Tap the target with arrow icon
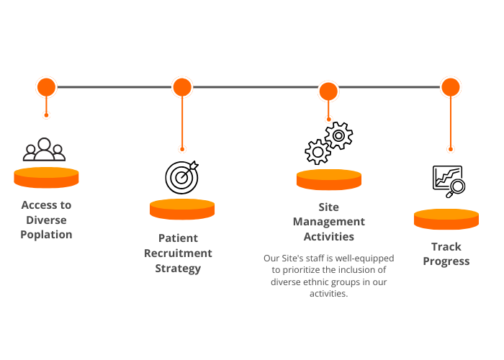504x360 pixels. pos(182,177)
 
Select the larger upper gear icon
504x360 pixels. pos(338,135)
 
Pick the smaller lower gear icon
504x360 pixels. pos(318,152)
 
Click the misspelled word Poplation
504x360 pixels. pos(46,235)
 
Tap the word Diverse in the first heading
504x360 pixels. pos(46,220)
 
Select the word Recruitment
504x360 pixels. pos(178,253)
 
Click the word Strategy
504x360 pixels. pos(178,269)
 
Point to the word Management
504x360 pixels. pos(329,222)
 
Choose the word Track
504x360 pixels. pos(446,246)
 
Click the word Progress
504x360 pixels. pos(446,261)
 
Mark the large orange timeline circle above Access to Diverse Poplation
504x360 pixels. pos(47,87)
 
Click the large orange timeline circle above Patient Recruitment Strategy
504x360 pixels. pos(182,87)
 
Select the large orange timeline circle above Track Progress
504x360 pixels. pos(451,87)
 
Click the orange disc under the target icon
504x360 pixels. pos(182,210)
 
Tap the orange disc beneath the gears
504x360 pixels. pos(329,180)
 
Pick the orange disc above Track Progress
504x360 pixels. pos(446,219)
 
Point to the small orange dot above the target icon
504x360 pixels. pos(182,149)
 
